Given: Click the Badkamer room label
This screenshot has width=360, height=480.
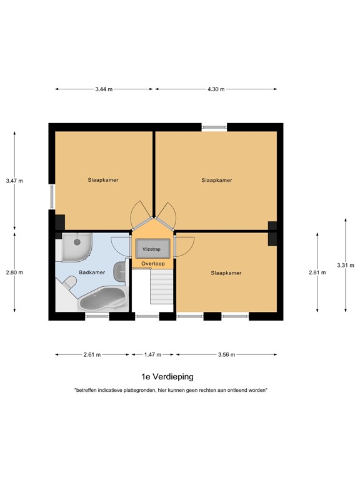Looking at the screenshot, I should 91,272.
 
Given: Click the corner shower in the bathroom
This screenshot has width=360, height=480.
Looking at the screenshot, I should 76,246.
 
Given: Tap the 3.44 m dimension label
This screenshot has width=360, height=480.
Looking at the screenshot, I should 104,89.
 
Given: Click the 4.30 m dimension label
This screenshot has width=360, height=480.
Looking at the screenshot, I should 216,89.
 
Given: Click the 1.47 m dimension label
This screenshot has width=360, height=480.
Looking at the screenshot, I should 152,354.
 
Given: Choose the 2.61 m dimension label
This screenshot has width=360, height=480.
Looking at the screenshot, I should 92,354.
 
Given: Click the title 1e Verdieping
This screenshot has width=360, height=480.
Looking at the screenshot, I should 167,376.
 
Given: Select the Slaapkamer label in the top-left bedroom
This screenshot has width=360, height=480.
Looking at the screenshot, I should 103,180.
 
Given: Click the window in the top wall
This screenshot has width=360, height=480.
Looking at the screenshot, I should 214,127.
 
